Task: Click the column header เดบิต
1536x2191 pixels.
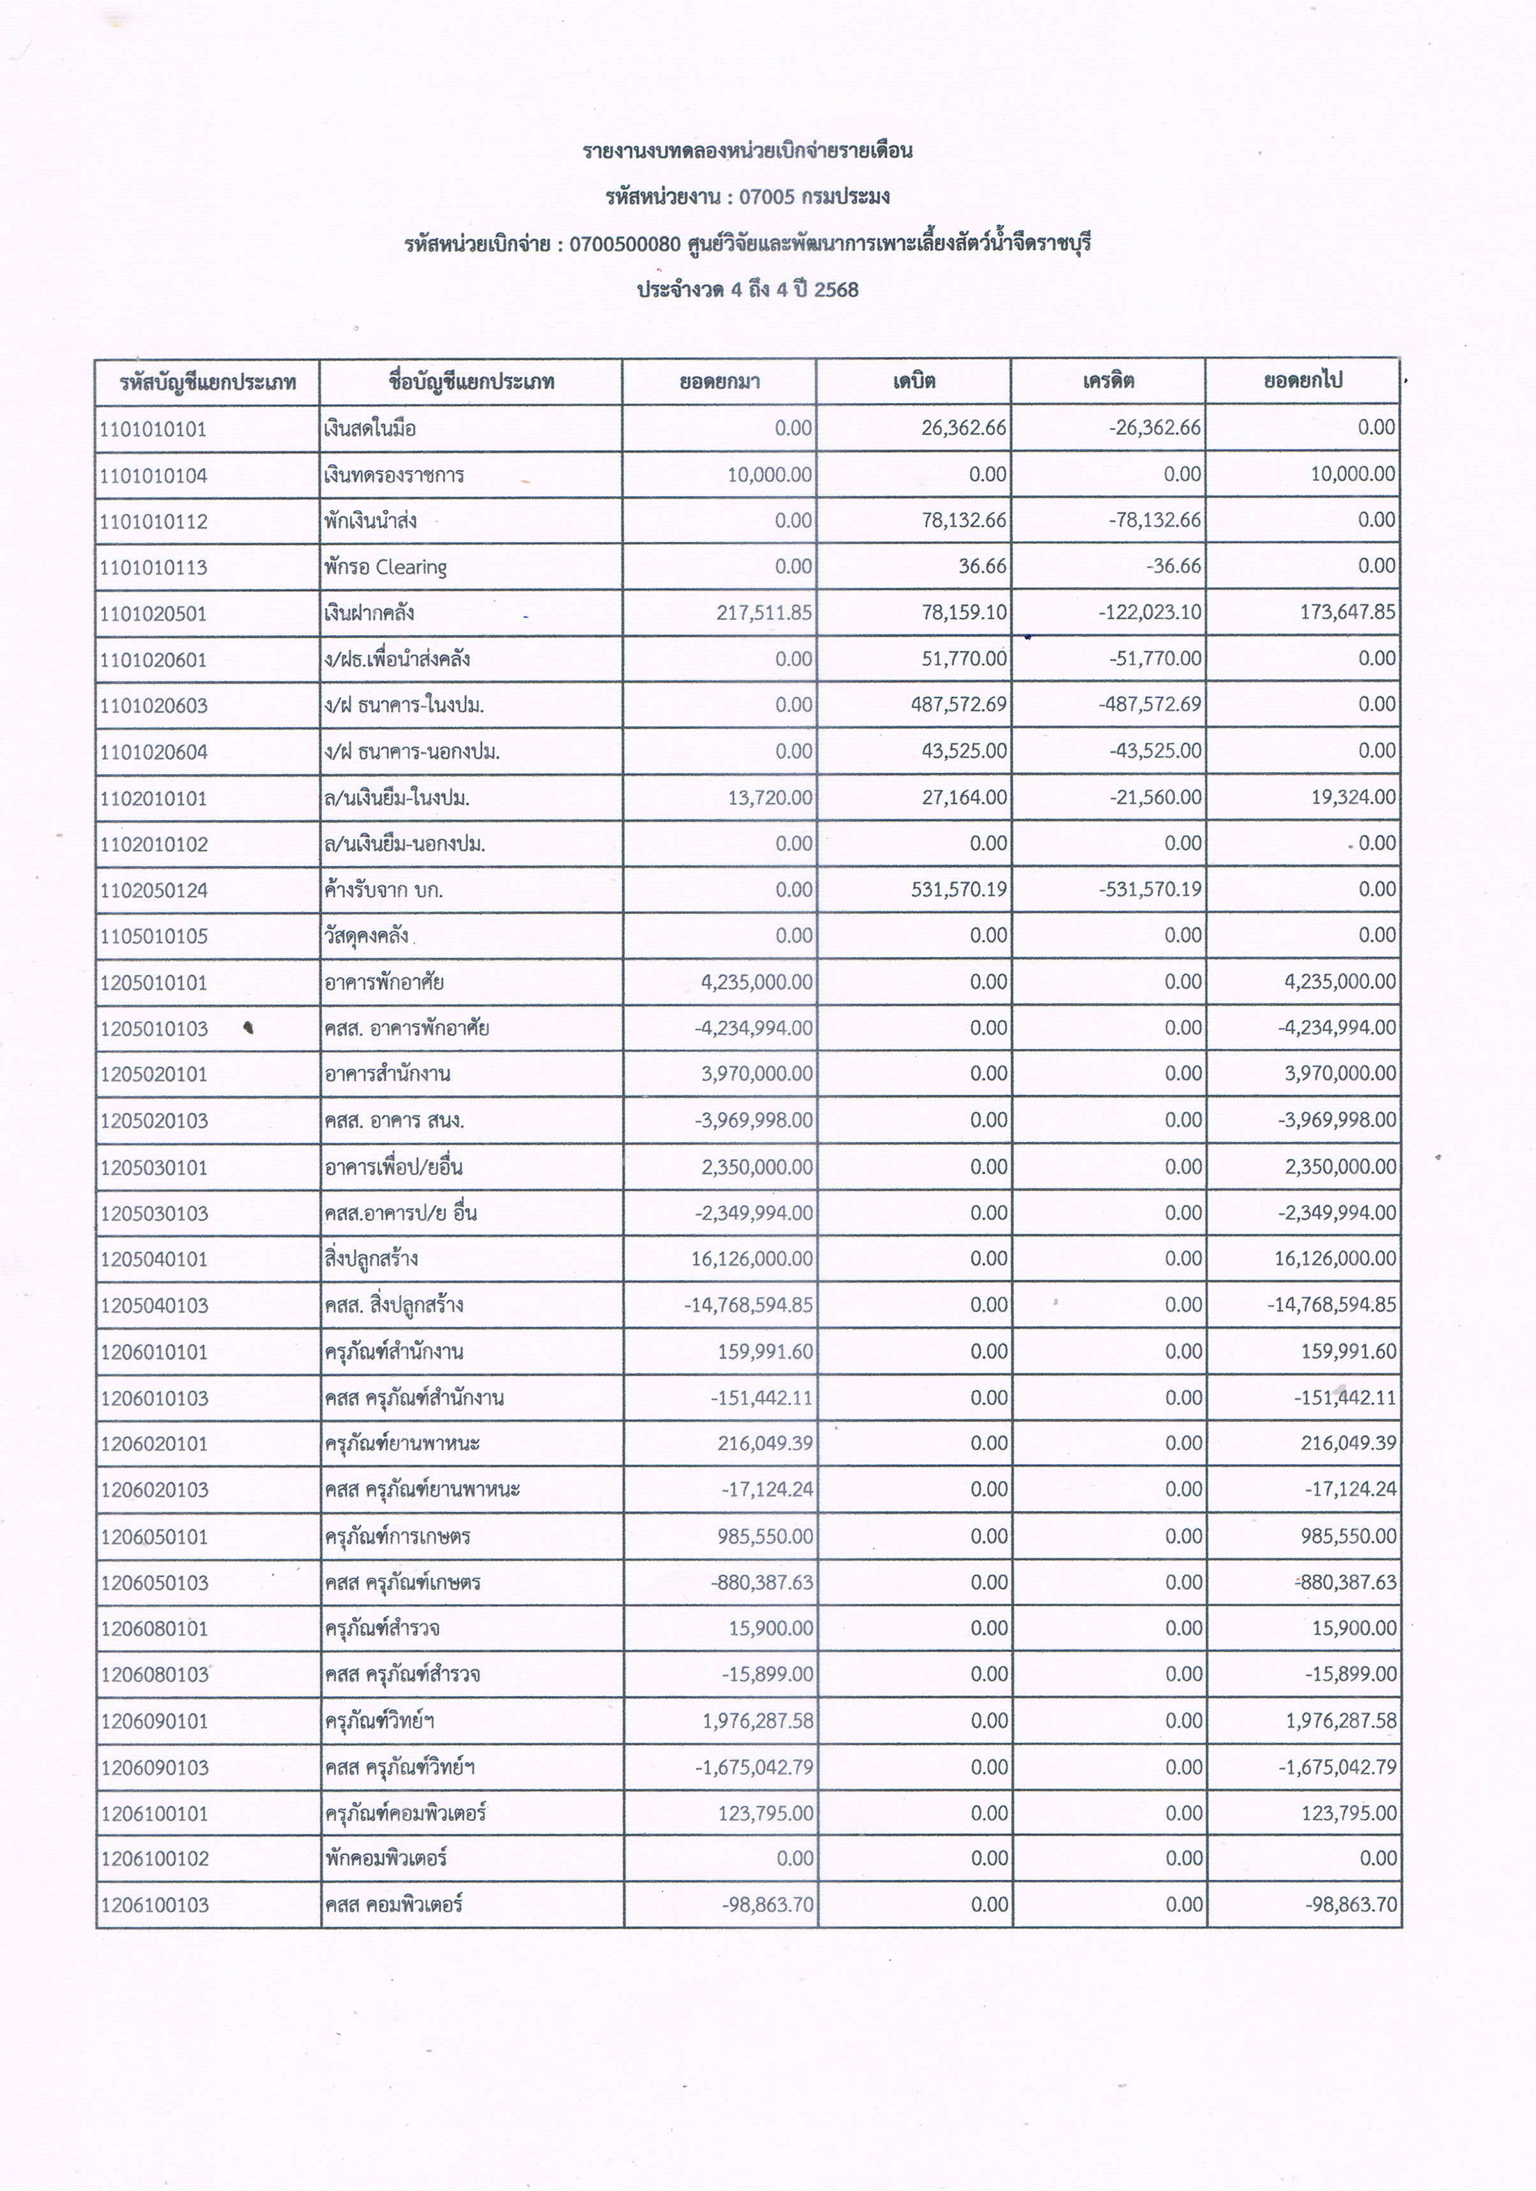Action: tap(914, 382)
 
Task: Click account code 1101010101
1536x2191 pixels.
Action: tap(152, 429)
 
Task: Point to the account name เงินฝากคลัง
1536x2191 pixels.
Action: tap(369, 613)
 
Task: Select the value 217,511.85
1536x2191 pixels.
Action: tap(764, 613)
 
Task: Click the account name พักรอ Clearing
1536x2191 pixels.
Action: tap(385, 567)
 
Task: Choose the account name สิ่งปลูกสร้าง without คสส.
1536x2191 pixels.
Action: tap(371, 1259)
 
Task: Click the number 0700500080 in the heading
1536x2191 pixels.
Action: tap(625, 244)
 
